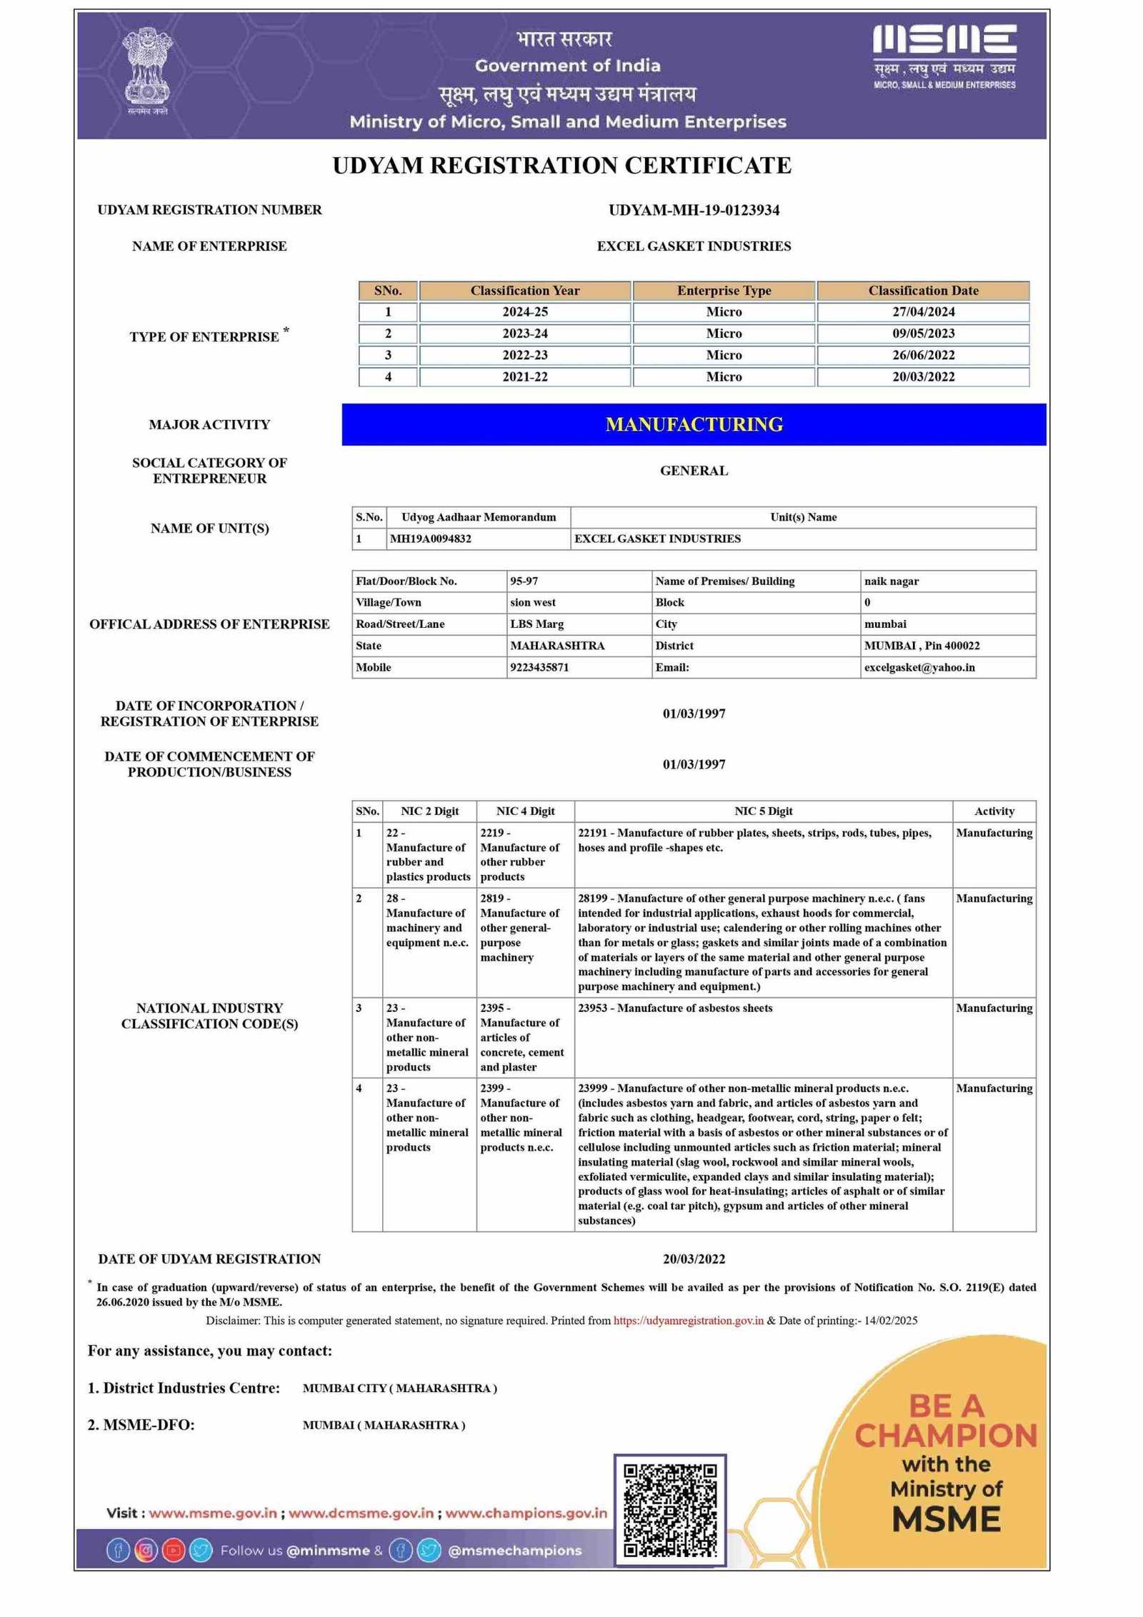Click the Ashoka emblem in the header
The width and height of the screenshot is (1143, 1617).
[x=148, y=69]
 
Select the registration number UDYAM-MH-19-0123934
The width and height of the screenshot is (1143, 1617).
[x=694, y=210]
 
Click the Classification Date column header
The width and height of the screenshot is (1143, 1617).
[x=923, y=291]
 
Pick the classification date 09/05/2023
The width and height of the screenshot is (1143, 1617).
[x=923, y=334]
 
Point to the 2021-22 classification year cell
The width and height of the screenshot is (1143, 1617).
[x=524, y=376]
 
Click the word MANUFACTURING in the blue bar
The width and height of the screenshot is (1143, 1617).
[x=694, y=424]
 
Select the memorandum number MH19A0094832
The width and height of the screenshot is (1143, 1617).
[x=430, y=539]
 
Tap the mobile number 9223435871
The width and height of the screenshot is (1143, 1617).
[x=539, y=667]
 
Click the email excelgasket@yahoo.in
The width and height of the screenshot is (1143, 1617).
[x=919, y=667]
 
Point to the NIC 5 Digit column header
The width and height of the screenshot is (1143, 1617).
[x=763, y=811]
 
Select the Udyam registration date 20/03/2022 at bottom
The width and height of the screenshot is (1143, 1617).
[x=694, y=1258]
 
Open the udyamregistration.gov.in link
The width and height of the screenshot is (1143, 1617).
[x=689, y=1321]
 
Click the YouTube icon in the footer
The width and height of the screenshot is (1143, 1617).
[x=174, y=1551]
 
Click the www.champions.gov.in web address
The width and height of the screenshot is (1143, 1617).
[x=526, y=1513]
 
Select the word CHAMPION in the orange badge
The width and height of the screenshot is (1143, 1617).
[x=945, y=1435]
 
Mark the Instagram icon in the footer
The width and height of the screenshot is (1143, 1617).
[x=146, y=1551]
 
